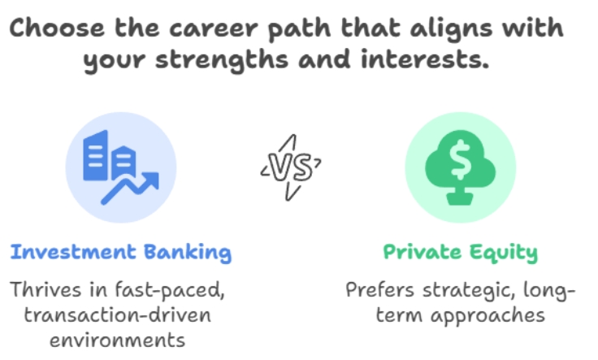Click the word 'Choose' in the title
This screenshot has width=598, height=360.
57,28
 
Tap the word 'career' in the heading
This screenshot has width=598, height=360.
214,28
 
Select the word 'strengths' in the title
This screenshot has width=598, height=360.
222,60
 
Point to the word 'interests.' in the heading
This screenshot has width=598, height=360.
425,59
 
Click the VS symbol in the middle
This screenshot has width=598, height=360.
291,167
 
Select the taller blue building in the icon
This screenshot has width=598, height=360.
95,155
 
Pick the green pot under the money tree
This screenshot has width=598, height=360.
460,198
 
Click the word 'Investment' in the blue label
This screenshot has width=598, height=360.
73,252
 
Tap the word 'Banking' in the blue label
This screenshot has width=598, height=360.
188,253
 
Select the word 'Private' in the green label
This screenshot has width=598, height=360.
422,252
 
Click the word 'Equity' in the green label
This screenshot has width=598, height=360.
504,253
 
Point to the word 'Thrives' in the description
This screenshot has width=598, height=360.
45,289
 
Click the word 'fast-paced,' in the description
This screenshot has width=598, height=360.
170,290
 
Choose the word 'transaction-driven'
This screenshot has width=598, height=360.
118,315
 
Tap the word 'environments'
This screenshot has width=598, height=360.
118,340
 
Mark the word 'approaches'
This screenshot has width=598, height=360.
487,316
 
